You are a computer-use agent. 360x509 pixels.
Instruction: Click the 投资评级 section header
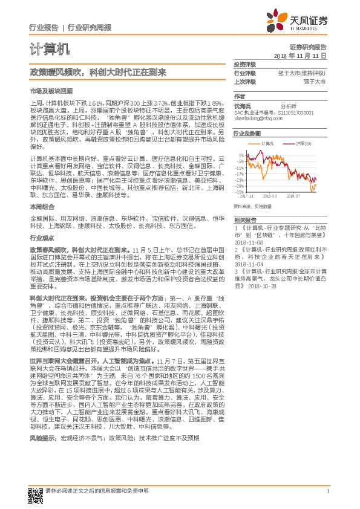pyautogui.click(x=245, y=64)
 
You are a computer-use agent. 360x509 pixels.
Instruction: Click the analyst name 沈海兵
pyautogui.click(x=241, y=105)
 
